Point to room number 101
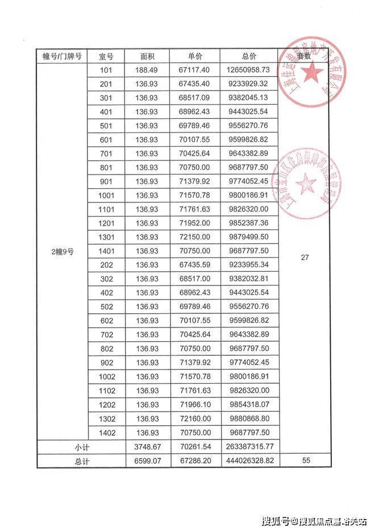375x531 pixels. click(106, 70)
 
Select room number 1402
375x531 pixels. click(106, 432)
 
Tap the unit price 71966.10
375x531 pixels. click(194, 405)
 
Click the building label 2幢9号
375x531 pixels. click(63, 251)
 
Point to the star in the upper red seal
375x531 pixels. click(311, 72)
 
